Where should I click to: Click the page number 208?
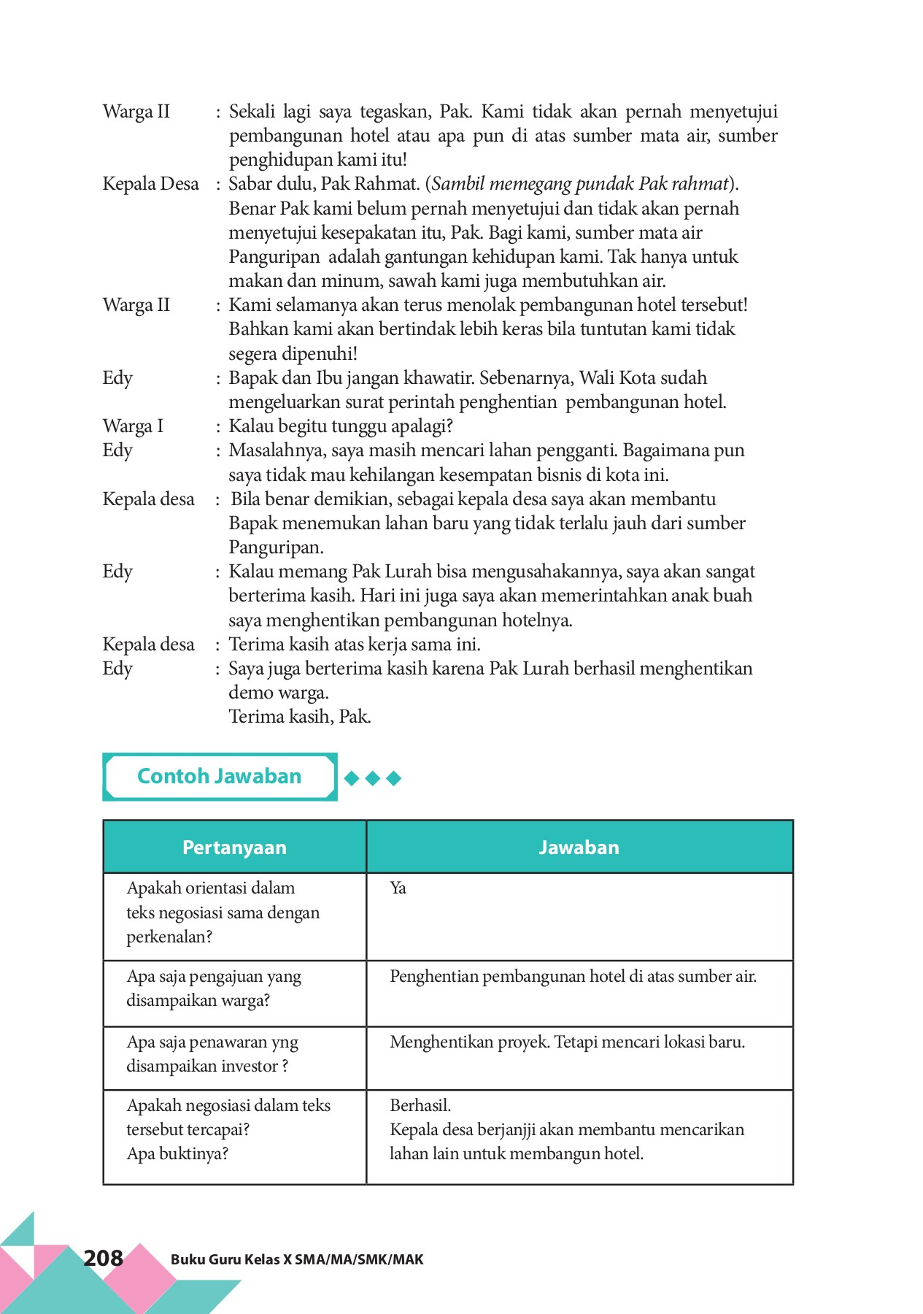103,1258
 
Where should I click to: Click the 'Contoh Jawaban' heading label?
219,776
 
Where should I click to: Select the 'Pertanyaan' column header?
234,847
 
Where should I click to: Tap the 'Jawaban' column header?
579,847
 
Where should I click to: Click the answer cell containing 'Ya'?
398,888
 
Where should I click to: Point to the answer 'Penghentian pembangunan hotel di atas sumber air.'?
573,977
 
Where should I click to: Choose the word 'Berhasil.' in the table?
420,1105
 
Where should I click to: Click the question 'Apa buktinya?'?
177,1154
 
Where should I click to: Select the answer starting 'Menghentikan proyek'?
567,1042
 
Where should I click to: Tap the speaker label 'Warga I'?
133,426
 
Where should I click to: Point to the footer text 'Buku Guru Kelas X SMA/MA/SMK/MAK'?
297,1259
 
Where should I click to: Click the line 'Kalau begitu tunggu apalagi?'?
341,426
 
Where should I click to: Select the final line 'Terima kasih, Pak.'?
300,717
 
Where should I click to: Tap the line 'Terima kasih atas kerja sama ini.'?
355,645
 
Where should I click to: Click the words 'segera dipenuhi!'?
293,354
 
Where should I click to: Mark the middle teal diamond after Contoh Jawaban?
373,778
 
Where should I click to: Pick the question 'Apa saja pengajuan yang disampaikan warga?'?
213,988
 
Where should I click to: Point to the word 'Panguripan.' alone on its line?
276,547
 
